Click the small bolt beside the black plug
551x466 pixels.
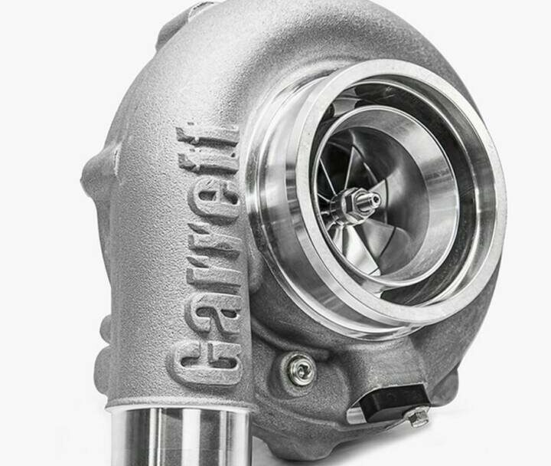(x=418, y=417)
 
